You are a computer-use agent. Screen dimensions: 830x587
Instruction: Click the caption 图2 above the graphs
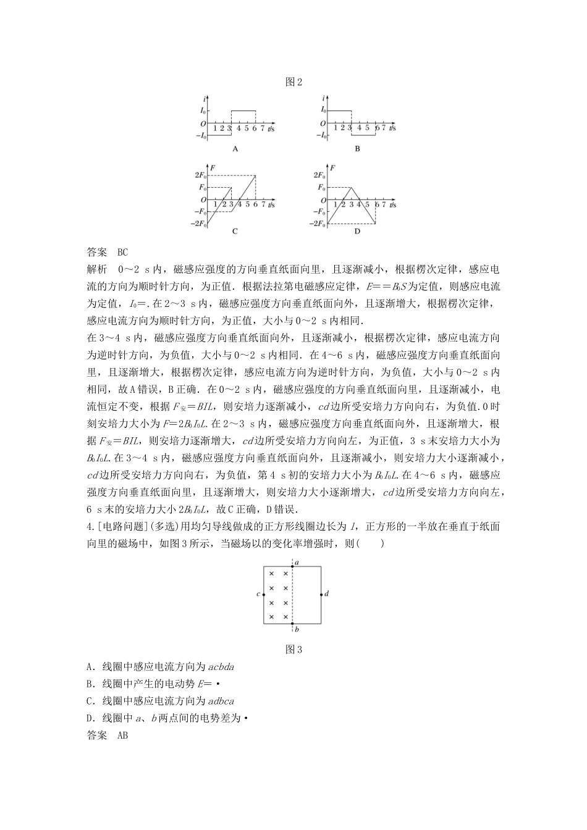point(293,82)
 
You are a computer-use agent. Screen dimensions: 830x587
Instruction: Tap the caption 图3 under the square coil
point(293,649)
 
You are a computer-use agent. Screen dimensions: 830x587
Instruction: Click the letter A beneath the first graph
point(235,149)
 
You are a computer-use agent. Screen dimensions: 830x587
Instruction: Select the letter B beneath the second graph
point(357,149)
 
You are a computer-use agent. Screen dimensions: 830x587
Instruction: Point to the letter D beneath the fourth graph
point(357,232)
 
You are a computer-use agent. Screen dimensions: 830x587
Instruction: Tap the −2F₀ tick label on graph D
point(318,224)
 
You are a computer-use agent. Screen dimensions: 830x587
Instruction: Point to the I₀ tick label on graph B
point(323,111)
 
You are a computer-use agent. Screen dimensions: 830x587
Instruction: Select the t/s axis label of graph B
point(392,128)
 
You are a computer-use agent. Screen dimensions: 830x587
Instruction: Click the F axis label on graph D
point(333,167)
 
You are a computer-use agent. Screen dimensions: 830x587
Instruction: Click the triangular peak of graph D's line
point(352,188)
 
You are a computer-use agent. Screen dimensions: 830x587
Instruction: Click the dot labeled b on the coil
point(293,624)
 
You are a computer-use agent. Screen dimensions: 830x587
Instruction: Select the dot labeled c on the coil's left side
point(264,594)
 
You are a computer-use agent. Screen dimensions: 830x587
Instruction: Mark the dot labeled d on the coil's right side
point(321,594)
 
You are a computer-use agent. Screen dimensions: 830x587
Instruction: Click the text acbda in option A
point(221,666)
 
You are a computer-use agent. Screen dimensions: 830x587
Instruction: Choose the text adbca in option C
point(221,701)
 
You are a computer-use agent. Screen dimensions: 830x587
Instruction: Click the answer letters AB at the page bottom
point(122,736)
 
